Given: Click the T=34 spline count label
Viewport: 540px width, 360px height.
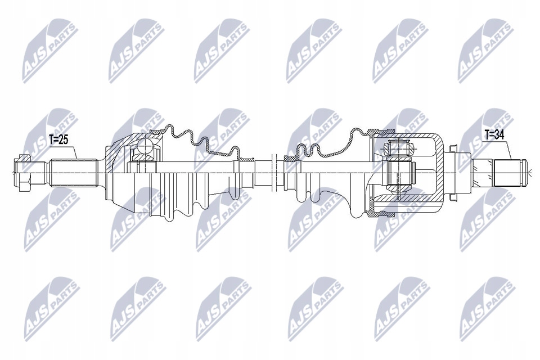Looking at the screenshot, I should tap(496, 134).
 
